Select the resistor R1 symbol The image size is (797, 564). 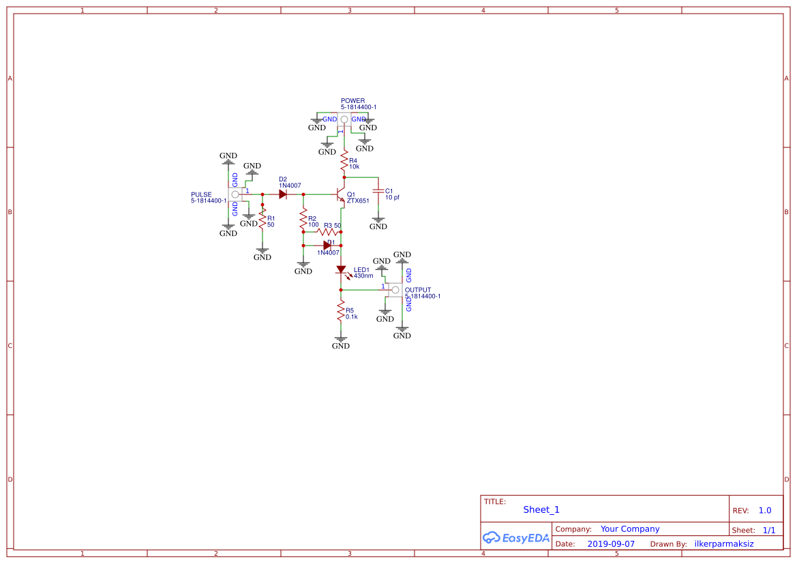tap(262, 220)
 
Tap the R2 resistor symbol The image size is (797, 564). tap(303, 220)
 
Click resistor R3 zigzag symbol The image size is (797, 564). tap(324, 232)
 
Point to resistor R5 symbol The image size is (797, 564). tap(341, 312)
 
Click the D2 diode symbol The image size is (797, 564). tap(282, 194)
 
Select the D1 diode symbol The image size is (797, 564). tap(327, 245)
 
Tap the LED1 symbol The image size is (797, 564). tap(342, 270)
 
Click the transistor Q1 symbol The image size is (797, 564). tap(341, 196)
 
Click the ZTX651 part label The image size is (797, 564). tap(358, 201)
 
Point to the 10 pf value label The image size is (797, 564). tap(393, 198)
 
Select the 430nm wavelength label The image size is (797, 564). tap(363, 276)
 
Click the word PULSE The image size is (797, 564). tap(201, 194)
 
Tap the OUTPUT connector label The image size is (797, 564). tap(418, 290)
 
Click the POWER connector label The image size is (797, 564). tap(352, 101)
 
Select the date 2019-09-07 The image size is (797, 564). tap(611, 544)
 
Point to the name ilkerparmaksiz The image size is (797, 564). tap(724, 544)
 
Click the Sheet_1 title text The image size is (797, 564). tap(541, 509)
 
